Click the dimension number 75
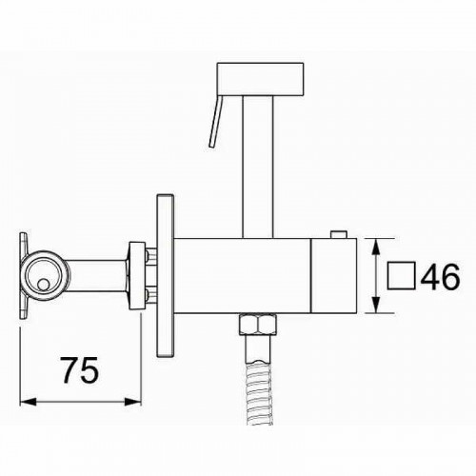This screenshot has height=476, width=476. click(80, 370)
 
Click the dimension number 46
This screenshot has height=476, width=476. click(441, 276)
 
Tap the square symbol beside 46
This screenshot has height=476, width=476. click(401, 275)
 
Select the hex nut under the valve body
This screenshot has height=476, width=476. click(258, 324)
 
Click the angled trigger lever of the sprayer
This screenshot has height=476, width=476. click(216, 122)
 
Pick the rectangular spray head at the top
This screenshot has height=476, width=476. click(260, 79)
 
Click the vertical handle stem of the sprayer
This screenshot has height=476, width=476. click(258, 167)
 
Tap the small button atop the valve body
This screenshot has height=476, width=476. click(339, 234)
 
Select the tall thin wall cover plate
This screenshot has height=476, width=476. click(166, 275)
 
